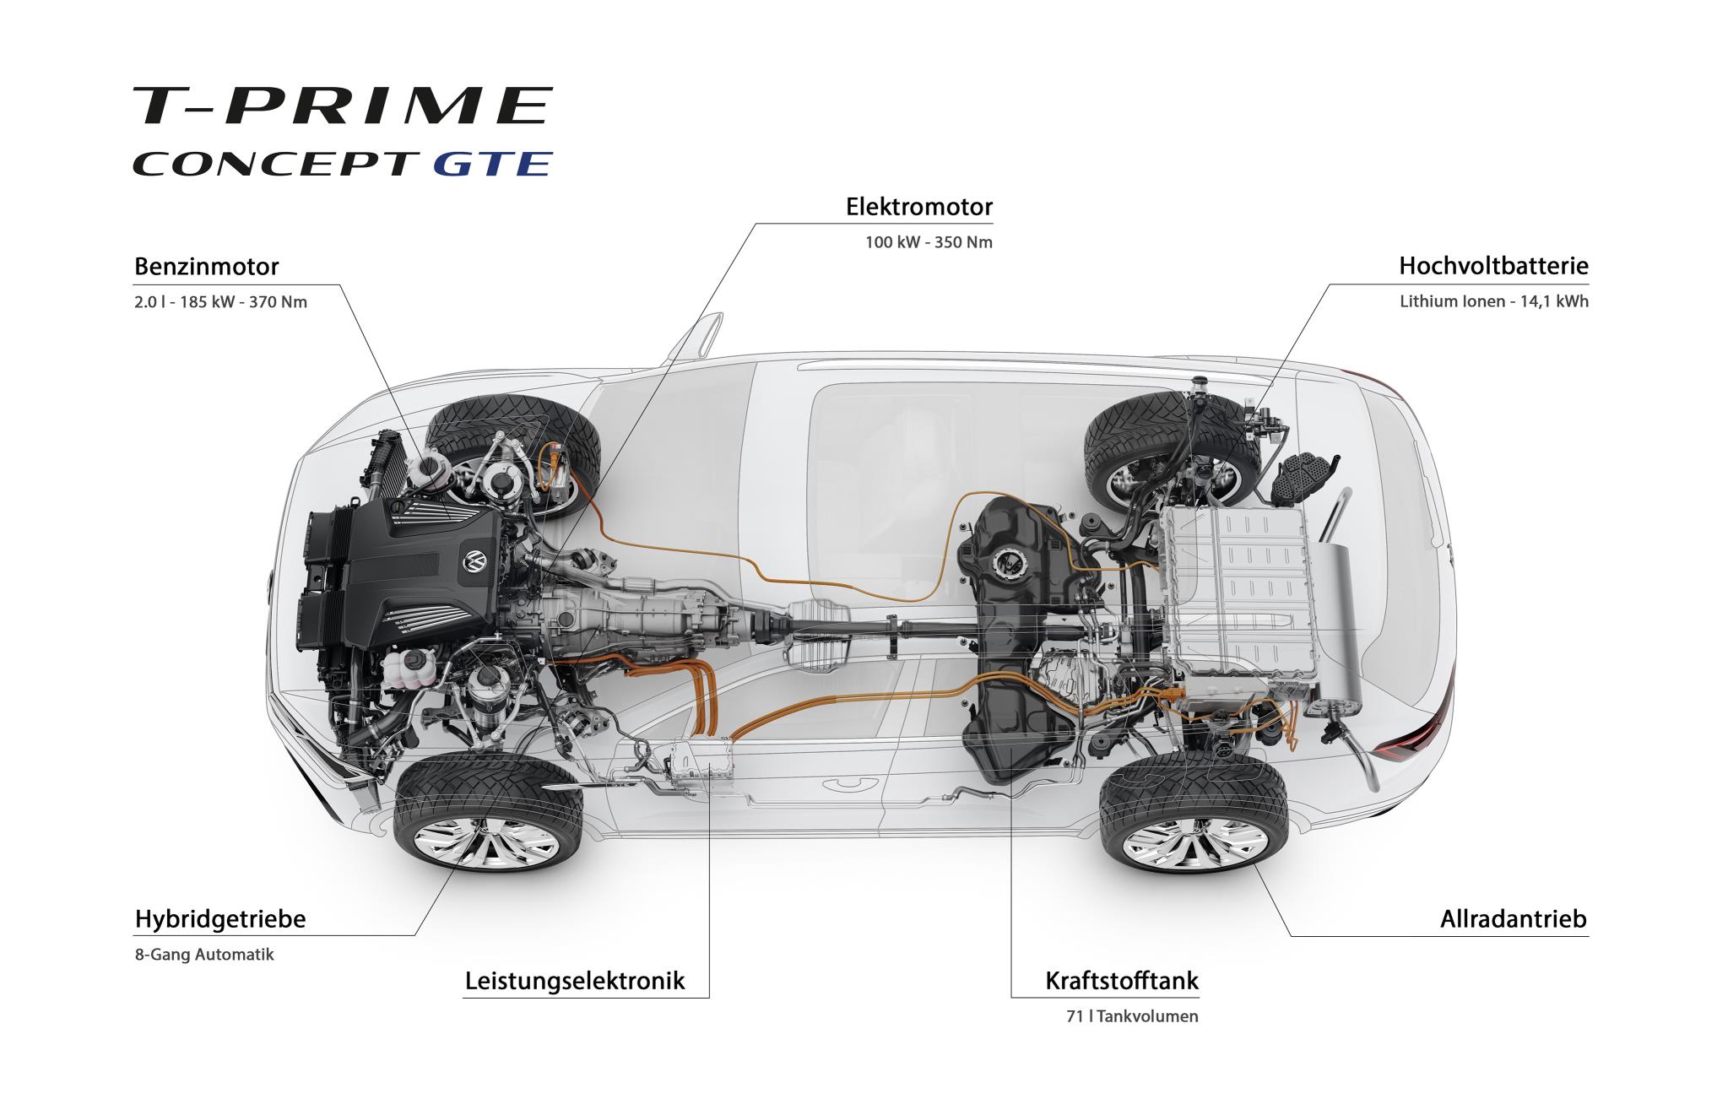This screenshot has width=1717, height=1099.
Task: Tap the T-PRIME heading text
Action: pyautogui.click(x=342, y=106)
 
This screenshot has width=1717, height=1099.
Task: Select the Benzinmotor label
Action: pyautogui.click(x=207, y=268)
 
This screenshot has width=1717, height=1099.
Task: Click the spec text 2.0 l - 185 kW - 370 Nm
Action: pyautogui.click(x=220, y=302)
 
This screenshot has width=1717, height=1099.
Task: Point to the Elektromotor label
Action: pyautogui.click(x=919, y=207)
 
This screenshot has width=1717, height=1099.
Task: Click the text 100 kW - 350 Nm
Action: pyautogui.click(x=929, y=243)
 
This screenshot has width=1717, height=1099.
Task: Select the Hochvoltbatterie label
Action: pyautogui.click(x=1493, y=267)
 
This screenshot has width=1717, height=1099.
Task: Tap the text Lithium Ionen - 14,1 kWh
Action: pyautogui.click(x=1493, y=301)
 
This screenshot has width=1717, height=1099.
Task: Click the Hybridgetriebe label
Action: pyautogui.click(x=220, y=919)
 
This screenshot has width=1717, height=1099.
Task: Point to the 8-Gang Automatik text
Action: pyautogui.click(x=204, y=956)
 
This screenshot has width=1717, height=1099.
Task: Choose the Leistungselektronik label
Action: pyautogui.click(x=575, y=982)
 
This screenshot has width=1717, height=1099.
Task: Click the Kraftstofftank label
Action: pyautogui.click(x=1121, y=982)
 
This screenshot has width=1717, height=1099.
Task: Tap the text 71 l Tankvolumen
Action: pyautogui.click(x=1131, y=1017)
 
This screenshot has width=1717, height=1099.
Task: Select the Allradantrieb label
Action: pyautogui.click(x=1513, y=919)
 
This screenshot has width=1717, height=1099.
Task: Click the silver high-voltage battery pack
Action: pyautogui.click(x=1237, y=591)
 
